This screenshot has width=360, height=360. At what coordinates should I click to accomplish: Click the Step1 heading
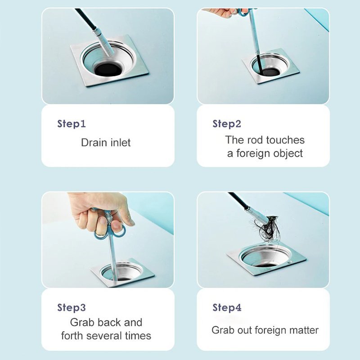(x=72, y=124)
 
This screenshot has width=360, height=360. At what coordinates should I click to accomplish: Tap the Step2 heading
(x=227, y=124)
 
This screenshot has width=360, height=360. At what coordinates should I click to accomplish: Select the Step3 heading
(x=72, y=307)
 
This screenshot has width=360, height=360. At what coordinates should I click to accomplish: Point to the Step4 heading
(x=227, y=307)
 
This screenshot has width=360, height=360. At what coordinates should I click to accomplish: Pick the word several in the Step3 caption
(x=107, y=336)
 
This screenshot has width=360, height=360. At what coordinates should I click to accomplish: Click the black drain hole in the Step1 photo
(x=108, y=69)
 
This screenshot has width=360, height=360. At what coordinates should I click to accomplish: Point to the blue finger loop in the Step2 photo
(x=243, y=12)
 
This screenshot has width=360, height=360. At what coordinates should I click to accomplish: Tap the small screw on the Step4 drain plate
(x=289, y=262)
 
